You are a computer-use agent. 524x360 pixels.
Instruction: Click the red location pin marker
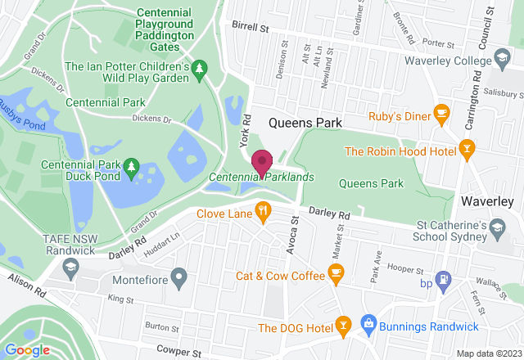pos(262,163)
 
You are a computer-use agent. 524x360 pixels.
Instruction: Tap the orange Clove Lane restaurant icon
pos(263,214)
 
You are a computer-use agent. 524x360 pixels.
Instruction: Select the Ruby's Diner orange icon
pos(441,113)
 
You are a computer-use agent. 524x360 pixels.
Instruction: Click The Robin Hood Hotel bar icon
pos(467,148)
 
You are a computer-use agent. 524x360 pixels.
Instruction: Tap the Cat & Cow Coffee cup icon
pos(335,271)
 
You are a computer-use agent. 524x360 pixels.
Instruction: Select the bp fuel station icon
pos(443,279)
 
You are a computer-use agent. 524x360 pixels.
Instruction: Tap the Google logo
pos(27,349)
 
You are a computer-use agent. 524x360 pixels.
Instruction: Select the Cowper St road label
pos(179,353)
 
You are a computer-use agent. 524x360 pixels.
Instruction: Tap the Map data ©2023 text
pos(486,353)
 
